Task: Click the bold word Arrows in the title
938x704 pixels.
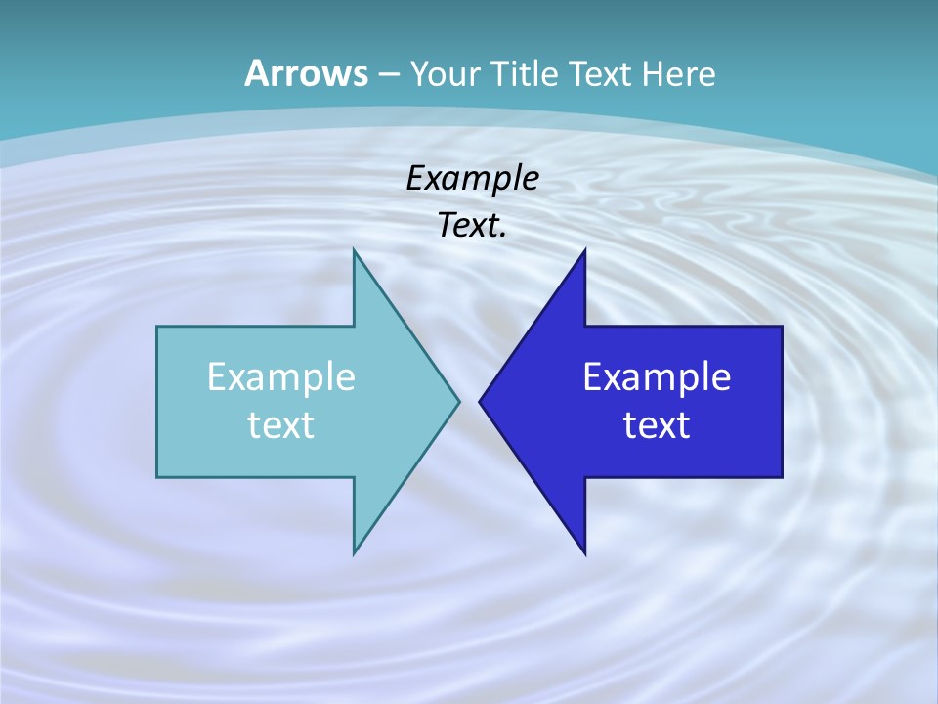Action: pyautogui.click(x=305, y=73)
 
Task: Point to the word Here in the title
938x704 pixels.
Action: pyautogui.click(x=683, y=74)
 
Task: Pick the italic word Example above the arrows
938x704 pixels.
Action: pyautogui.click(x=472, y=179)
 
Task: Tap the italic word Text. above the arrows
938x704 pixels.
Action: pyautogui.click(x=472, y=226)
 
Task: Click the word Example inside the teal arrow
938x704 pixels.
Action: pyautogui.click(x=281, y=376)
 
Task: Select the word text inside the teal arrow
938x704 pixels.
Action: pyautogui.click(x=281, y=424)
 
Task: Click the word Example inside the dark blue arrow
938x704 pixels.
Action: pyautogui.click(x=657, y=376)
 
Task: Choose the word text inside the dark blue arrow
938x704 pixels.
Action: pyautogui.click(x=657, y=424)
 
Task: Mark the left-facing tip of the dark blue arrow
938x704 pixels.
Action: pyautogui.click(x=481, y=401)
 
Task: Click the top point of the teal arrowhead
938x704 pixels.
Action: pyautogui.click(x=355, y=251)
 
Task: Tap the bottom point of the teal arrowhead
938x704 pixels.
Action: pyautogui.click(x=355, y=552)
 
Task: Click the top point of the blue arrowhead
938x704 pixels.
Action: pyautogui.click(x=584, y=251)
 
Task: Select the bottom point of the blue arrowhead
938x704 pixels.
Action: pyautogui.click(x=584, y=552)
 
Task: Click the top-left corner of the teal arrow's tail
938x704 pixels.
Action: pyautogui.click(x=158, y=328)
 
